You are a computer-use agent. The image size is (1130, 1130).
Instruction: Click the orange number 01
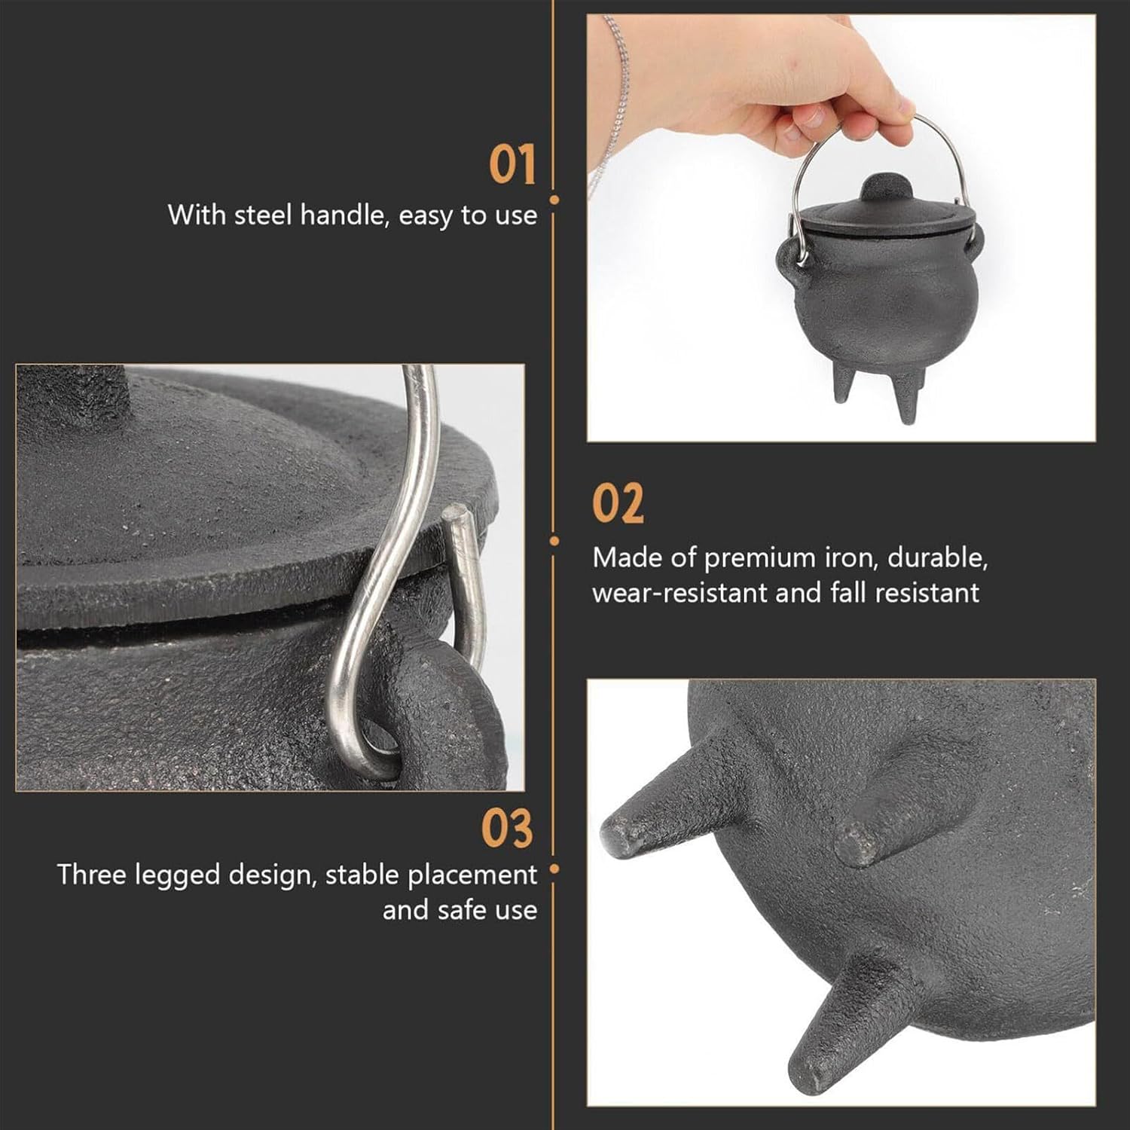[512, 165]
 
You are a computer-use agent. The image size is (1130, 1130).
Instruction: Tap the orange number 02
[618, 503]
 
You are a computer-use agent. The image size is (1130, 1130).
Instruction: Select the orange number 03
[507, 828]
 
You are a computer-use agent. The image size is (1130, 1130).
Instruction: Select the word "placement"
[472, 875]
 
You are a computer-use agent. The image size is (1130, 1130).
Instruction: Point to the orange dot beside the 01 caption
[554, 200]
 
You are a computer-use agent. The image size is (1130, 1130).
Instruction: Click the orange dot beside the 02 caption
[554, 541]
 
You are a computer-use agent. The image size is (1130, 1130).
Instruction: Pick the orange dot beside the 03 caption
[554, 869]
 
